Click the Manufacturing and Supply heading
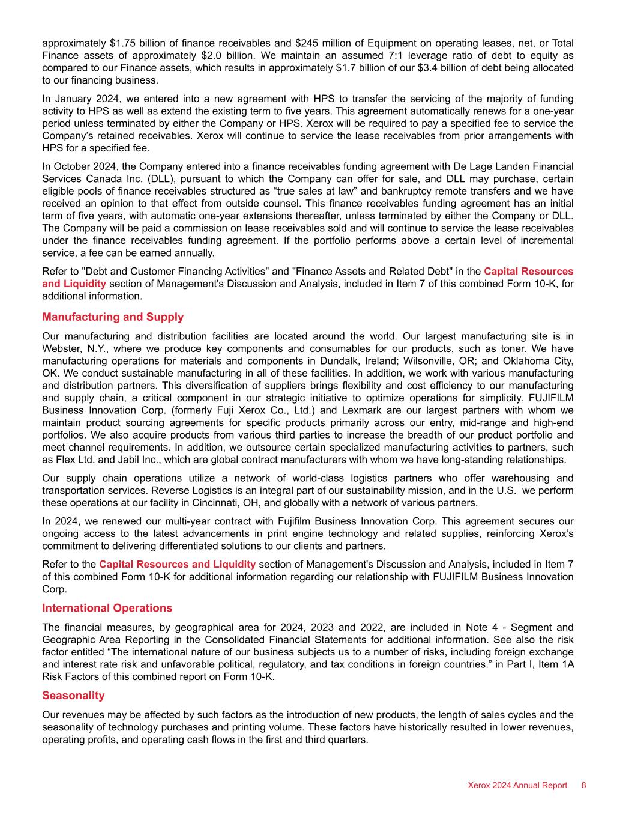click(x=113, y=317)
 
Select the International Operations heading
click(x=107, y=607)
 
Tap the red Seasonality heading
click(x=73, y=695)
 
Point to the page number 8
click(x=583, y=785)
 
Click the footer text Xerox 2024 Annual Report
click(x=517, y=785)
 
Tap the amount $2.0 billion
click(x=187, y=55)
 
